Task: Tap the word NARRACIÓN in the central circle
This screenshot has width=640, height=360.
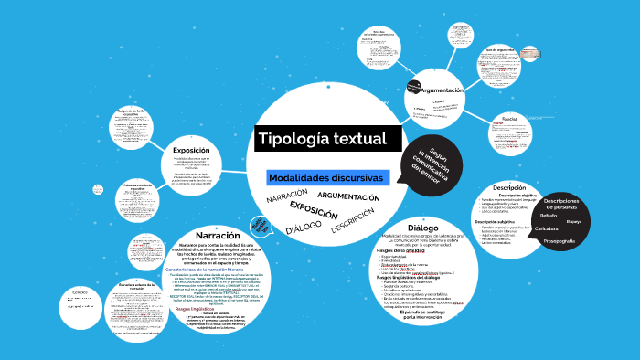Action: click(286, 198)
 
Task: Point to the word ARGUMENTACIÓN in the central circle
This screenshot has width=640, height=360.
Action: click(347, 196)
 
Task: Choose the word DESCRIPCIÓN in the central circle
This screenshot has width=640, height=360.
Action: click(353, 222)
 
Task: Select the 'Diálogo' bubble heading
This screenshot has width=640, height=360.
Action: click(423, 228)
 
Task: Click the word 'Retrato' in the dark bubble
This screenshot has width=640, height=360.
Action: click(549, 216)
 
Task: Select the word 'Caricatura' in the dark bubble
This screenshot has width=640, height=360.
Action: click(547, 228)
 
